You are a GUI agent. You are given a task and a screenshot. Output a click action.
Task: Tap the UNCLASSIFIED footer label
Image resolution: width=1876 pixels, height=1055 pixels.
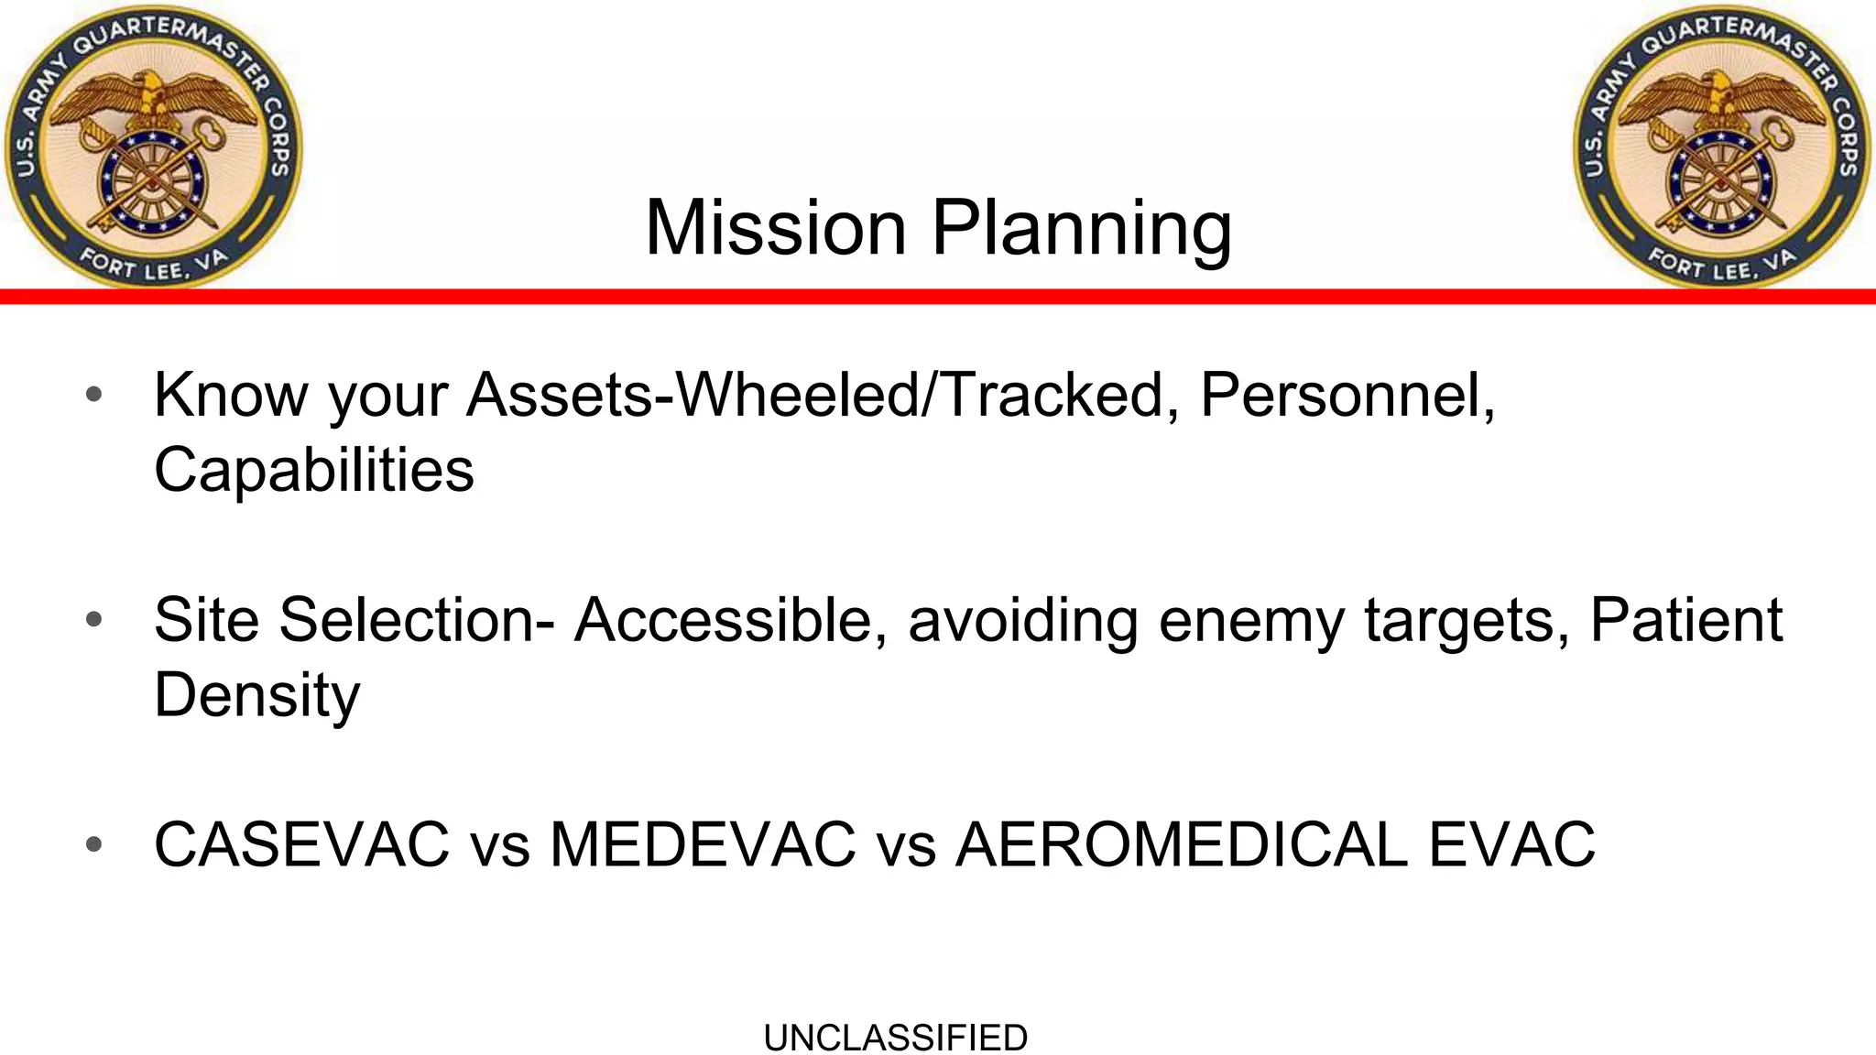pyautogui.click(x=895, y=1038)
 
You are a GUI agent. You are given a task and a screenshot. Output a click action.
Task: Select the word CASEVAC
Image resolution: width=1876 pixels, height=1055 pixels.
pyautogui.click(x=301, y=843)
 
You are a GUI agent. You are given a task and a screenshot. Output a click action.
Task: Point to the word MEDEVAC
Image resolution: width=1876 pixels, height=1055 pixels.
pyautogui.click(x=703, y=843)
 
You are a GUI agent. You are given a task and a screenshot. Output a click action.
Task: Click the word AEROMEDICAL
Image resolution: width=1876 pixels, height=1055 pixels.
pyautogui.click(x=1182, y=843)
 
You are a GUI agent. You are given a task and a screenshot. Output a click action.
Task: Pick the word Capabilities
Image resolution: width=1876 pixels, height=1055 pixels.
pyautogui.click(x=314, y=470)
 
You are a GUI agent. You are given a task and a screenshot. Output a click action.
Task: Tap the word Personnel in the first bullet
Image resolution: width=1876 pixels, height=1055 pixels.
pyautogui.click(x=1347, y=395)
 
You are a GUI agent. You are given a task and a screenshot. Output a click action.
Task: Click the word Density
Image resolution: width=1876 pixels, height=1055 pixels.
pyautogui.click(x=256, y=694)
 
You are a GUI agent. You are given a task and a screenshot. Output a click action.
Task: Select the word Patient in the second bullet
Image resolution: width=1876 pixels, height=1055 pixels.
pyautogui.click(x=1685, y=620)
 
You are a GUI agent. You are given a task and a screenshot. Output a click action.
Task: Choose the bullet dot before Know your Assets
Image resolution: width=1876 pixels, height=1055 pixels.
pyautogui.click(x=93, y=395)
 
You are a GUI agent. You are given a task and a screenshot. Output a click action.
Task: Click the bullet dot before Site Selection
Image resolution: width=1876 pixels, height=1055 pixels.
pyautogui.click(x=93, y=620)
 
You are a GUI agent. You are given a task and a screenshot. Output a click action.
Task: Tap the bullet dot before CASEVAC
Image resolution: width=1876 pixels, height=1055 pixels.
pyautogui.click(x=93, y=843)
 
